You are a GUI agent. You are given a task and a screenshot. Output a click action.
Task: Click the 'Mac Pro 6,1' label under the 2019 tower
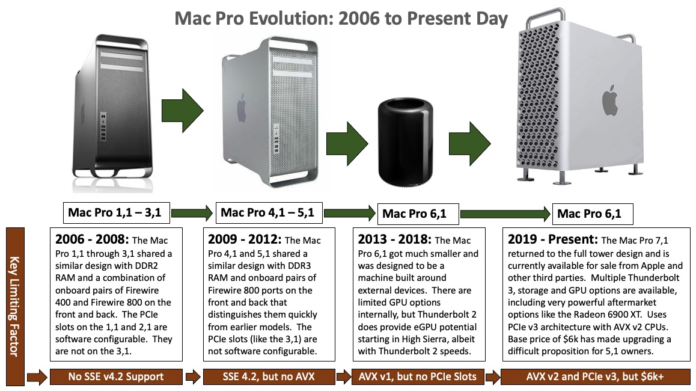(589, 214)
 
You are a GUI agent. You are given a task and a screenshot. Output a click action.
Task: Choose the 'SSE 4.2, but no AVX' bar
(269, 377)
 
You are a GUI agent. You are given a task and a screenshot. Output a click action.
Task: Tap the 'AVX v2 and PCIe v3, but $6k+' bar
(591, 377)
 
